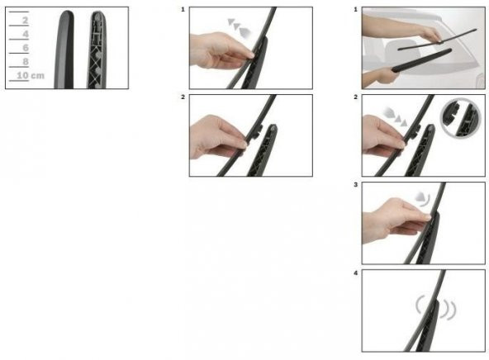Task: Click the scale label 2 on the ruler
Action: tap(26, 21)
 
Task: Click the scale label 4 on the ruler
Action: tap(26, 34)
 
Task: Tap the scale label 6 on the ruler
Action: tap(26, 48)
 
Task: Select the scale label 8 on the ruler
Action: tap(26, 61)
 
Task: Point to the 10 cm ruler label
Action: tap(31, 75)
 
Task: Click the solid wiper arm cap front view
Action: tap(64, 50)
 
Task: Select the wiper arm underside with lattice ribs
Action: tap(97, 50)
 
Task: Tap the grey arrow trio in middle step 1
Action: tap(240, 27)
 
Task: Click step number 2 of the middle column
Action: tap(183, 97)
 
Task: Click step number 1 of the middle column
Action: tap(183, 10)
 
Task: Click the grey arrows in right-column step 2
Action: tap(395, 116)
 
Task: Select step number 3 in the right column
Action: tap(355, 185)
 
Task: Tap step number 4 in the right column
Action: tap(355, 273)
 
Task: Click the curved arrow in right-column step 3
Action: tap(423, 199)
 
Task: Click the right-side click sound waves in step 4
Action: tap(449, 310)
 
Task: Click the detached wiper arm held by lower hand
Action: tap(421, 60)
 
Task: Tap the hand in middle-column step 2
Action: tap(218, 137)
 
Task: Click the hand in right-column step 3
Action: tap(396, 220)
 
